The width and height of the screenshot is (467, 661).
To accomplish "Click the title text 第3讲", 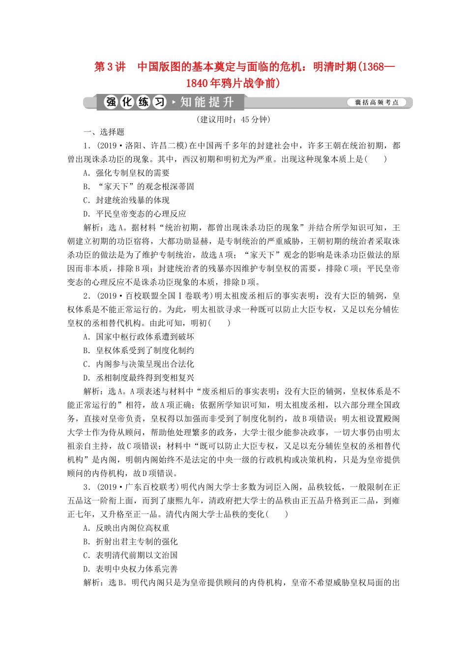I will [x=110, y=67].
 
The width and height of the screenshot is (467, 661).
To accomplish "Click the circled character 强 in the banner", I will [x=111, y=102].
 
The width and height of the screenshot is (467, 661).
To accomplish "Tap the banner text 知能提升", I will [x=206, y=102].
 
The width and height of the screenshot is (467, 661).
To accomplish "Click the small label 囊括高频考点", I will [x=377, y=103].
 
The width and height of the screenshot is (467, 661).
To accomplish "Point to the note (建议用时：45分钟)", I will [x=233, y=120].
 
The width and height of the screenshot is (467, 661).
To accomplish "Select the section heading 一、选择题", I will [x=104, y=132].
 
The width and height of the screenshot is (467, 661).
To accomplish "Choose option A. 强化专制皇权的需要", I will [x=126, y=173].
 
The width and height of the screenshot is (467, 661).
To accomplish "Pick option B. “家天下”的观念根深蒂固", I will [x=139, y=186].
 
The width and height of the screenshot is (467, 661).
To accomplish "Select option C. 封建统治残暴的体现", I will [x=126, y=200].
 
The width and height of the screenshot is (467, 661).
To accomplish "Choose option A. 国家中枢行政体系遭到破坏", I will [x=139, y=337].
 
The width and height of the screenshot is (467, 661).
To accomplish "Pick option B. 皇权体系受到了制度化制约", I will [x=139, y=351].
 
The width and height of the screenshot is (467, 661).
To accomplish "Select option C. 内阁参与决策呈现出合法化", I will [x=139, y=364].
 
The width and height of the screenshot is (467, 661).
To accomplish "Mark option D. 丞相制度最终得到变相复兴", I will [x=139, y=378].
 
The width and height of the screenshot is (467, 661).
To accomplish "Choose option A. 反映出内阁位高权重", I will [x=126, y=528].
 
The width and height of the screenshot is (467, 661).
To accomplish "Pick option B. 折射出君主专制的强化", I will [x=130, y=542].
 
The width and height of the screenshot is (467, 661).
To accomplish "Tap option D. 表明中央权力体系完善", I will [x=130, y=569].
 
